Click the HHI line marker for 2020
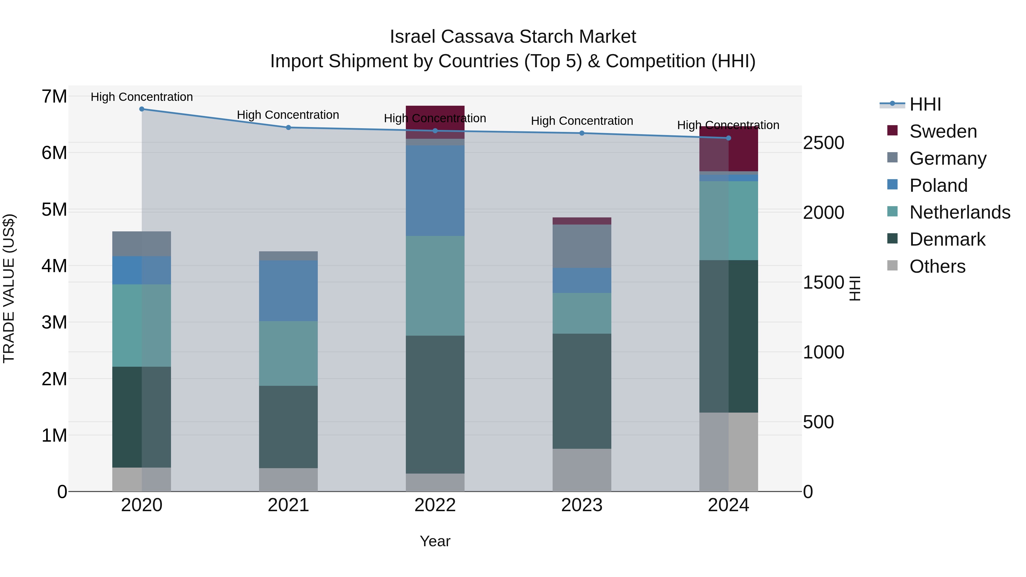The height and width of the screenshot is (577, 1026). coord(142,109)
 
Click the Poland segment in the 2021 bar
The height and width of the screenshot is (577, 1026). coord(288,291)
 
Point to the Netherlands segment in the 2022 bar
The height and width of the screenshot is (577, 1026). coord(435,286)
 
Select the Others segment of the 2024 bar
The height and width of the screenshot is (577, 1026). coord(728,452)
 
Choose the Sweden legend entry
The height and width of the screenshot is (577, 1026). coord(943,131)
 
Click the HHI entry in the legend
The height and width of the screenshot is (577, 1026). coord(925,104)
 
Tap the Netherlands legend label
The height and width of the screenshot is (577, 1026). coord(960,212)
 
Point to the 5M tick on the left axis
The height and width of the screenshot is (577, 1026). coord(54,209)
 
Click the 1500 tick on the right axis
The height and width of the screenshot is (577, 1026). coord(823,282)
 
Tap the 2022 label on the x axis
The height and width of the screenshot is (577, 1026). coord(435,505)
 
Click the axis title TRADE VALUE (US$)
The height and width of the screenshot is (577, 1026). coord(9,288)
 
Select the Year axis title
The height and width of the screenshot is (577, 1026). coord(435,541)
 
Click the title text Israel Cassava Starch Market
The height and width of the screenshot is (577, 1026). coord(513,37)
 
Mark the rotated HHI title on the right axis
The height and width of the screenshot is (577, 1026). coord(855,288)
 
